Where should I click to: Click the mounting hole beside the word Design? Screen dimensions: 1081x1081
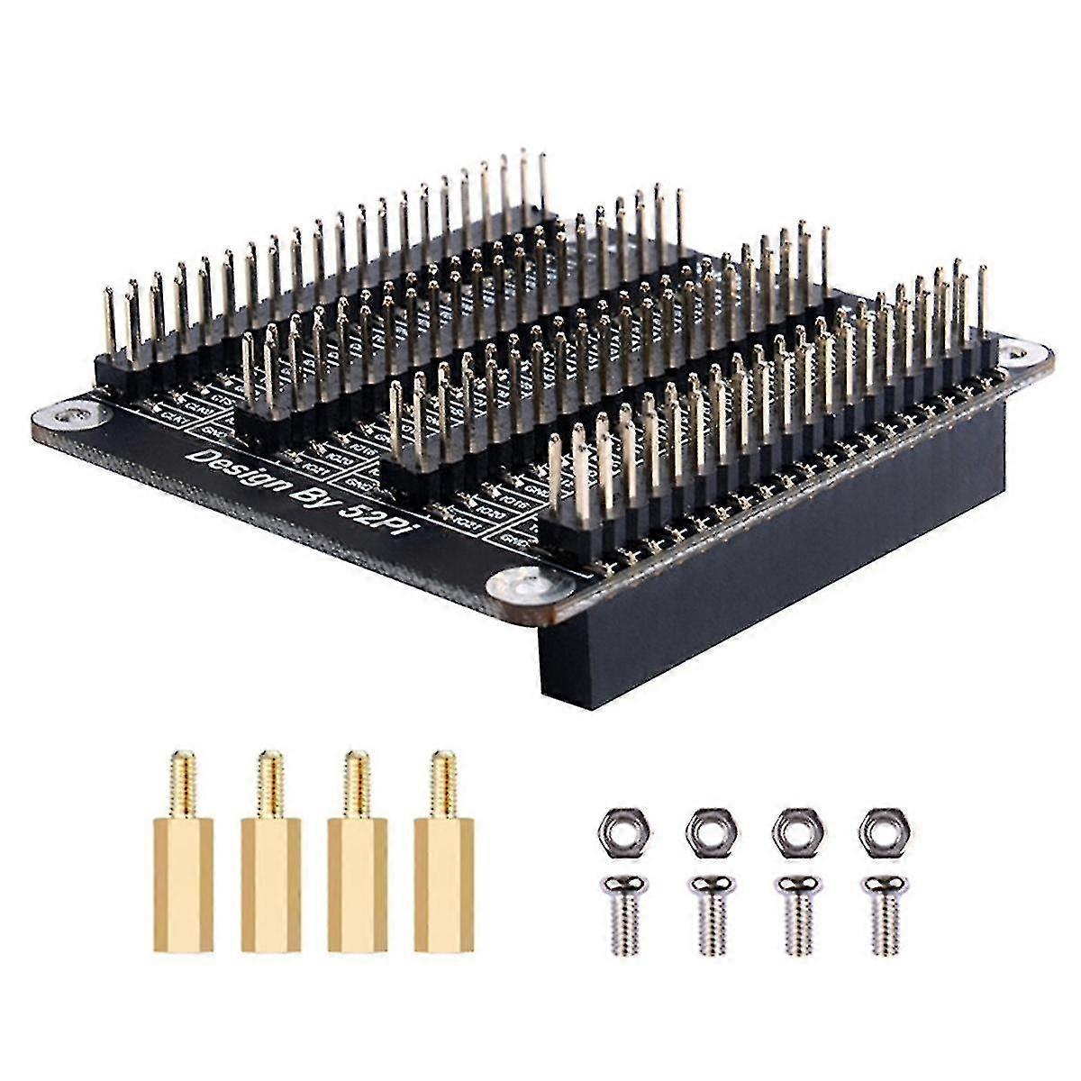pyautogui.click(x=72, y=416)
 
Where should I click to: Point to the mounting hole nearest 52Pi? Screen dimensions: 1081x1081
pyautogui.click(x=520, y=586)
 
